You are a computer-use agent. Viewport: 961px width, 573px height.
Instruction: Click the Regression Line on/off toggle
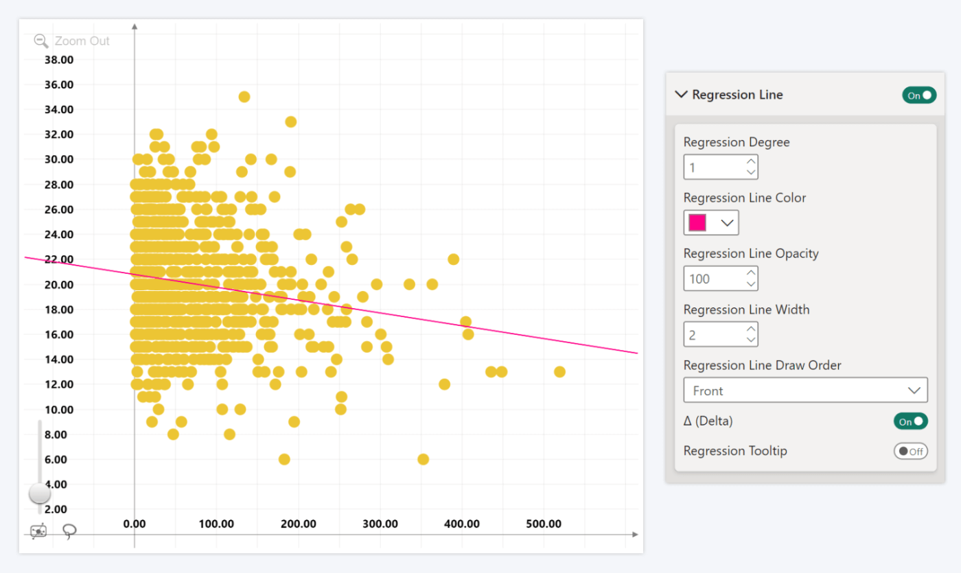coord(918,95)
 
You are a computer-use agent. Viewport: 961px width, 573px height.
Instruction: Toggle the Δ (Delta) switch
coord(910,421)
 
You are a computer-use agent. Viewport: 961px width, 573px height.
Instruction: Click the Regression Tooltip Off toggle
coord(910,452)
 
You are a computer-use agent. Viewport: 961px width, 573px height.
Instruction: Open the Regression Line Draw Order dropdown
coord(805,390)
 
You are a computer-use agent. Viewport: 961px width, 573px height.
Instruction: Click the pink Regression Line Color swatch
coord(697,223)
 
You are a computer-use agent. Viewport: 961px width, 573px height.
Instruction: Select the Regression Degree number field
coord(714,167)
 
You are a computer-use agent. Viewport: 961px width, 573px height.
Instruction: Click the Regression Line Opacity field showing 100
coord(714,279)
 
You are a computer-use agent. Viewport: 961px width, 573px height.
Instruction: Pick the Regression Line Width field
coord(714,334)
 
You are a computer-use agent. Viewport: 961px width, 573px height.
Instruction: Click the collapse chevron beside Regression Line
coord(681,95)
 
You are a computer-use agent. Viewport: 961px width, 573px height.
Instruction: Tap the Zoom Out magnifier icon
coord(41,40)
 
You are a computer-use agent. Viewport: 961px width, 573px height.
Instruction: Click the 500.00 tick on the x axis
coord(544,524)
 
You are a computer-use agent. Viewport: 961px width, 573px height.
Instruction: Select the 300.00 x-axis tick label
coord(380,524)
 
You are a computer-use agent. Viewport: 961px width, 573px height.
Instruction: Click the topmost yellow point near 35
coord(244,97)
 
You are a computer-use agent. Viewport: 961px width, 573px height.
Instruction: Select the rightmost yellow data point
coord(559,372)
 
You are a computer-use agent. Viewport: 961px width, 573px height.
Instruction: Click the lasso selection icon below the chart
coord(69,532)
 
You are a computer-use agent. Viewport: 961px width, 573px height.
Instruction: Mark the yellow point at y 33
coord(290,122)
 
